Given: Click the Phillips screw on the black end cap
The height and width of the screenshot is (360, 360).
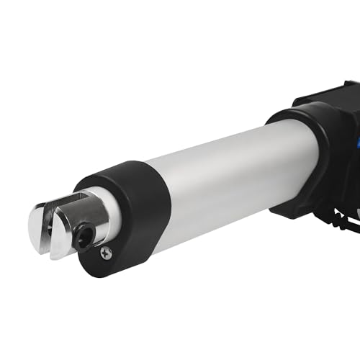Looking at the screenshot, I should click(106, 252).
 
